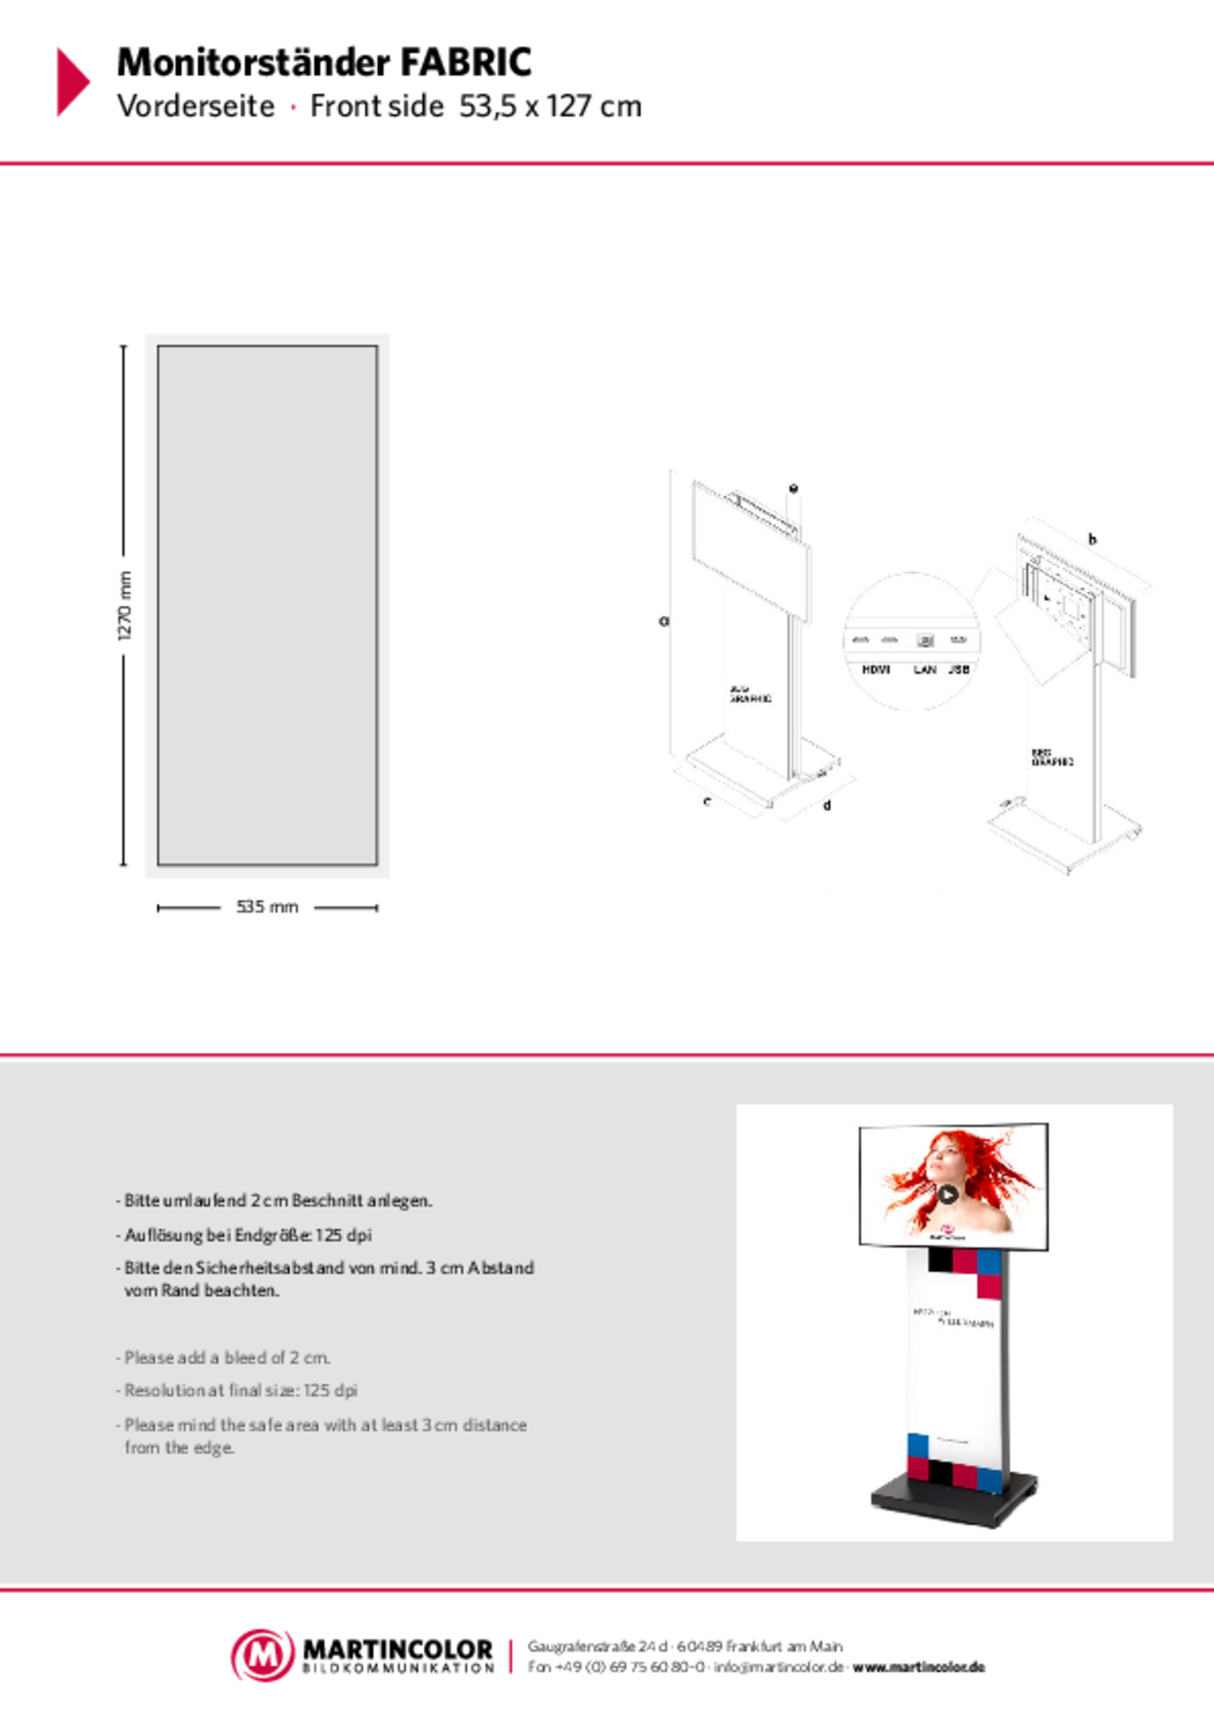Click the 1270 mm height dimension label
click(125, 605)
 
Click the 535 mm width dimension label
click(267, 908)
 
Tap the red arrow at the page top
click(73, 82)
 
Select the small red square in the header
click(294, 107)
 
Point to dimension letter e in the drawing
click(794, 489)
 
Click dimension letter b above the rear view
click(1093, 539)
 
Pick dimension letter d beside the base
click(827, 805)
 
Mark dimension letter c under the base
click(707, 802)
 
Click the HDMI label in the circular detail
click(875, 670)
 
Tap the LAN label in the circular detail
click(925, 670)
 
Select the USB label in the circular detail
click(959, 670)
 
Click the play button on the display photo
click(947, 1194)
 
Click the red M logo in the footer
click(263, 1655)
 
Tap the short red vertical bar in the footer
click(510, 1656)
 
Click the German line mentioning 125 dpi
click(248, 1235)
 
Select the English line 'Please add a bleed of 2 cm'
click(228, 1358)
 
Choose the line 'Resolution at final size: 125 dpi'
click(241, 1391)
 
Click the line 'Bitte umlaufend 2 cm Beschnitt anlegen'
click(278, 1200)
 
